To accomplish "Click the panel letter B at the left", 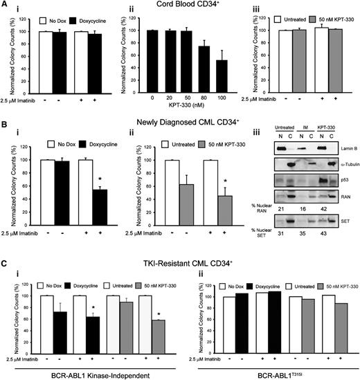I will coord(5,125).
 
